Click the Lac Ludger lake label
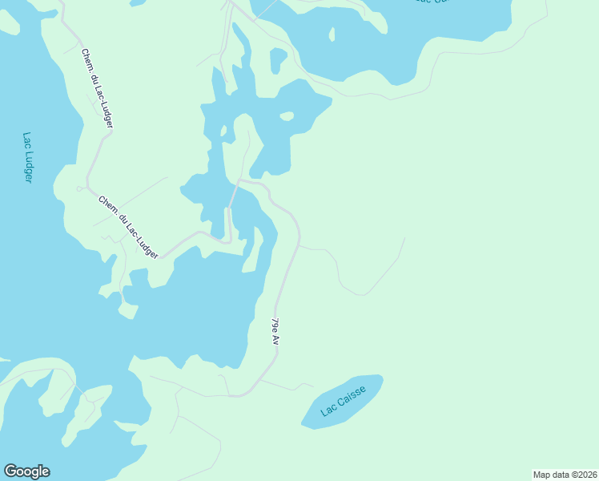point(27,158)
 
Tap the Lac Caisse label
point(344,401)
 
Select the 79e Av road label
point(275,332)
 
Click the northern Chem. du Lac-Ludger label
point(97,88)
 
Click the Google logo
point(26,471)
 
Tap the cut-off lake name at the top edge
point(433,2)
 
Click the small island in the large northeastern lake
point(331,34)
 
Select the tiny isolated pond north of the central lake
point(278,60)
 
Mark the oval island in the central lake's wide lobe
point(286,116)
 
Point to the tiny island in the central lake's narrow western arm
point(223,130)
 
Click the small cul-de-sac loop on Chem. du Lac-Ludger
point(79,188)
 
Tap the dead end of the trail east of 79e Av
point(404,238)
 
